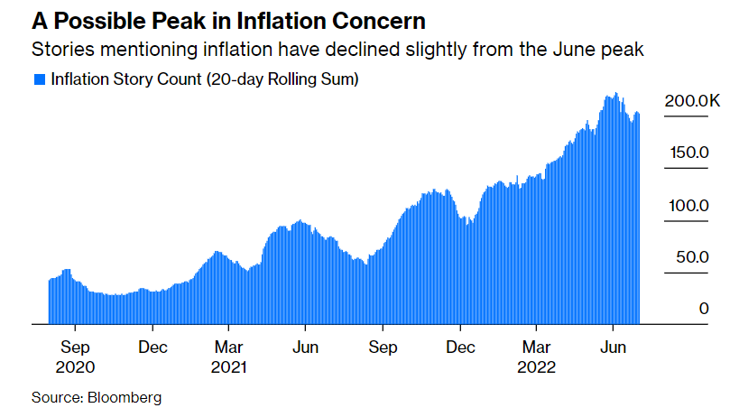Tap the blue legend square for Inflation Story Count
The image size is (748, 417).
pyautogui.click(x=40, y=80)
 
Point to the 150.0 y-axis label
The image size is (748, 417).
pyautogui.click(x=688, y=153)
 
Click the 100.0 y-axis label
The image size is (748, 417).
pyautogui.click(x=688, y=206)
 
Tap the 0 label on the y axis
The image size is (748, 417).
pyautogui.click(x=703, y=309)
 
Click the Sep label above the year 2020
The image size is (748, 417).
pyautogui.click(x=76, y=347)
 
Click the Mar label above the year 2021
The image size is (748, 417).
pyautogui.click(x=229, y=347)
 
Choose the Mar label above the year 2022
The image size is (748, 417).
pyautogui.click(x=537, y=347)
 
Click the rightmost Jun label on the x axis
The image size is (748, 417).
pyautogui.click(x=614, y=347)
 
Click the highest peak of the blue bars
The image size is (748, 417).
pyautogui.click(x=615, y=93)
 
